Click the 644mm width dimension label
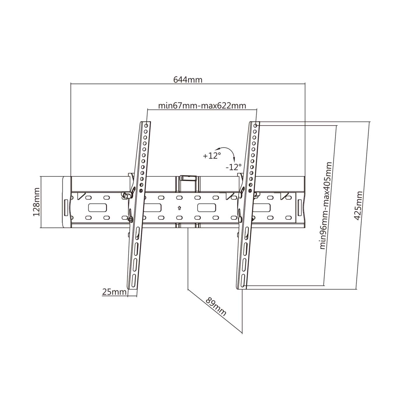pos(188,80)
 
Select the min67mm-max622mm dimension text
pos(202,105)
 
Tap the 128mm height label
pos(36,202)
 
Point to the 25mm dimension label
pos(114,292)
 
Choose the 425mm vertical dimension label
pos(358,205)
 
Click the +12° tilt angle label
pos(212,156)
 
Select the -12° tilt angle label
pos(233,167)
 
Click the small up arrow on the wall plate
pos(179,208)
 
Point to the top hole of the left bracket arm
pos(146,126)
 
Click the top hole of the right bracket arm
pos(255,126)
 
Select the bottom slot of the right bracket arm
pos(243,280)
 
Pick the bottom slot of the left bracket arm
pos(133,280)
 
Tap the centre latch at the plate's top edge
pos(188,177)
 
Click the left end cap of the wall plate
pos(66,202)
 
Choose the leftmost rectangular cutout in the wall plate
pos(97,208)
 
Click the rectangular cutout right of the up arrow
pos(207,208)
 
